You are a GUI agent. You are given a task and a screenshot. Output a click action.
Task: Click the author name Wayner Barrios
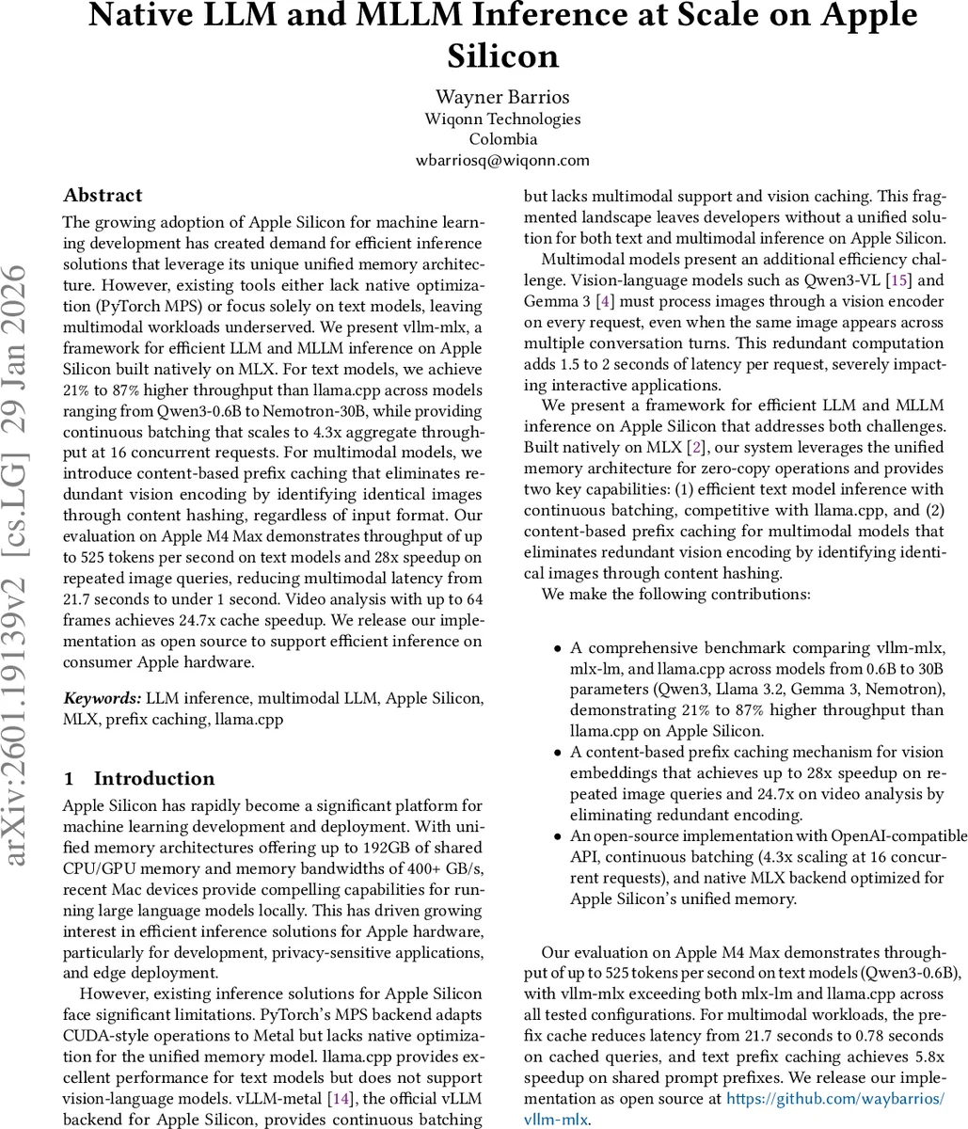pyautogui.click(x=502, y=97)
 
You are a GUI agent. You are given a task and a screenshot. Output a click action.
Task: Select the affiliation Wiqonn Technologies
pyautogui.click(x=502, y=119)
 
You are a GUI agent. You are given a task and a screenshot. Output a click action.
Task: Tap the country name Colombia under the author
pyautogui.click(x=502, y=139)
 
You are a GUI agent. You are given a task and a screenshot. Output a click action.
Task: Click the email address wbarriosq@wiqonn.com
pyautogui.click(x=502, y=160)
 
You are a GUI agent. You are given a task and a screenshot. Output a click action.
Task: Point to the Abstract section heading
pyautogui.click(x=103, y=196)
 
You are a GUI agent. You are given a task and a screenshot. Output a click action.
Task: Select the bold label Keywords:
pyautogui.click(x=103, y=698)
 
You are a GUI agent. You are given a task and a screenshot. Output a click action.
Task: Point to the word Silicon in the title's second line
pyautogui.click(x=502, y=56)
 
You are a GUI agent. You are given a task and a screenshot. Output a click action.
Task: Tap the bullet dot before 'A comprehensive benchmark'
pyautogui.click(x=558, y=649)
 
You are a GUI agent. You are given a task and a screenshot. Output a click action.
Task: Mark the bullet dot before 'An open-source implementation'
pyautogui.click(x=558, y=836)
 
